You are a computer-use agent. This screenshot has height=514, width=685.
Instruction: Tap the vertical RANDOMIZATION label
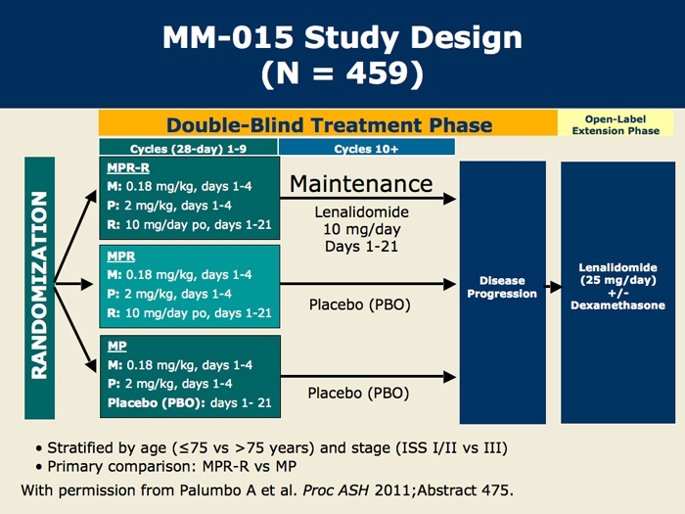(x=39, y=286)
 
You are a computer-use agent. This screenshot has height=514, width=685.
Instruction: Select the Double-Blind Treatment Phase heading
(x=330, y=125)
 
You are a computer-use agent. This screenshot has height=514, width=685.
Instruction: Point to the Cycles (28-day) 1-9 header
(x=188, y=149)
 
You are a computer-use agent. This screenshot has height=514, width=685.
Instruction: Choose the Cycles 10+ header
(x=366, y=149)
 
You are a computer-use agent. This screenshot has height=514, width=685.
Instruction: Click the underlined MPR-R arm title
(x=128, y=167)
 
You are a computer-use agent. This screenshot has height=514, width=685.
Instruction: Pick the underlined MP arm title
(x=117, y=347)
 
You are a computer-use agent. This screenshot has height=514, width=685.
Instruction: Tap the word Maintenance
(x=361, y=184)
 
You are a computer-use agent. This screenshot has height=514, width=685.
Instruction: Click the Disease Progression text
(x=502, y=287)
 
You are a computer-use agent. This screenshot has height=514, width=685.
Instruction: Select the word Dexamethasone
(x=617, y=305)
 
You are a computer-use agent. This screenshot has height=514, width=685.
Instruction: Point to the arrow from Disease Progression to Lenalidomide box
(x=553, y=287)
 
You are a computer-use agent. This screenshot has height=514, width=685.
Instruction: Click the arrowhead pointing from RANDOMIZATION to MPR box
(x=87, y=285)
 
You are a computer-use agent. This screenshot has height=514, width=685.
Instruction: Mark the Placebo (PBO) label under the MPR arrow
(x=359, y=304)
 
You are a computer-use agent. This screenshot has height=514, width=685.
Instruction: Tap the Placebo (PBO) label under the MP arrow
(x=358, y=393)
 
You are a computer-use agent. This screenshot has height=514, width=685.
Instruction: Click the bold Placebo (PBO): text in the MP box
(x=157, y=403)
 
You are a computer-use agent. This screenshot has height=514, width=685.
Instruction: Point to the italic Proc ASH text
(x=336, y=491)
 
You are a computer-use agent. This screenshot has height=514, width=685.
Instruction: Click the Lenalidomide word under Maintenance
(x=362, y=212)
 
